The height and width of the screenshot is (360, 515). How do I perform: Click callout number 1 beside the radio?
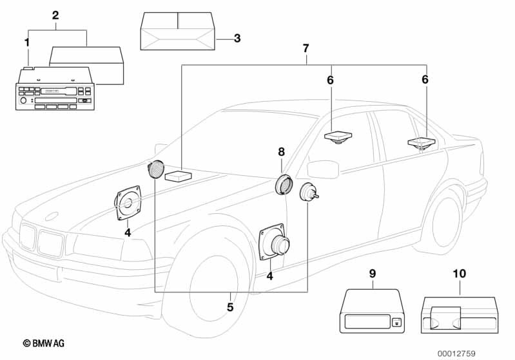26,42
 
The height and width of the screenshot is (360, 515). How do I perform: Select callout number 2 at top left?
55,14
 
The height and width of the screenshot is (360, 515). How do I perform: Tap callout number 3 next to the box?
237,39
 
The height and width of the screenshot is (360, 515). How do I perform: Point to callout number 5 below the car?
230,307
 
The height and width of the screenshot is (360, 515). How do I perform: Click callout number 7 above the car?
306,48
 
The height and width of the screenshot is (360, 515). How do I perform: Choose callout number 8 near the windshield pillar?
281,152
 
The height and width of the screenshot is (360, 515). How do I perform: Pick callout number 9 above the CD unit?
372,274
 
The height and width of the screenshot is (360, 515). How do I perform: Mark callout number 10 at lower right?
459,274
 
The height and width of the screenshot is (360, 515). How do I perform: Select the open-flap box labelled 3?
178,30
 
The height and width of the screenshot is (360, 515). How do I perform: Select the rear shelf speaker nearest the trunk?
422,144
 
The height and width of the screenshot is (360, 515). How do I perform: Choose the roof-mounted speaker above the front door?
336,138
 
